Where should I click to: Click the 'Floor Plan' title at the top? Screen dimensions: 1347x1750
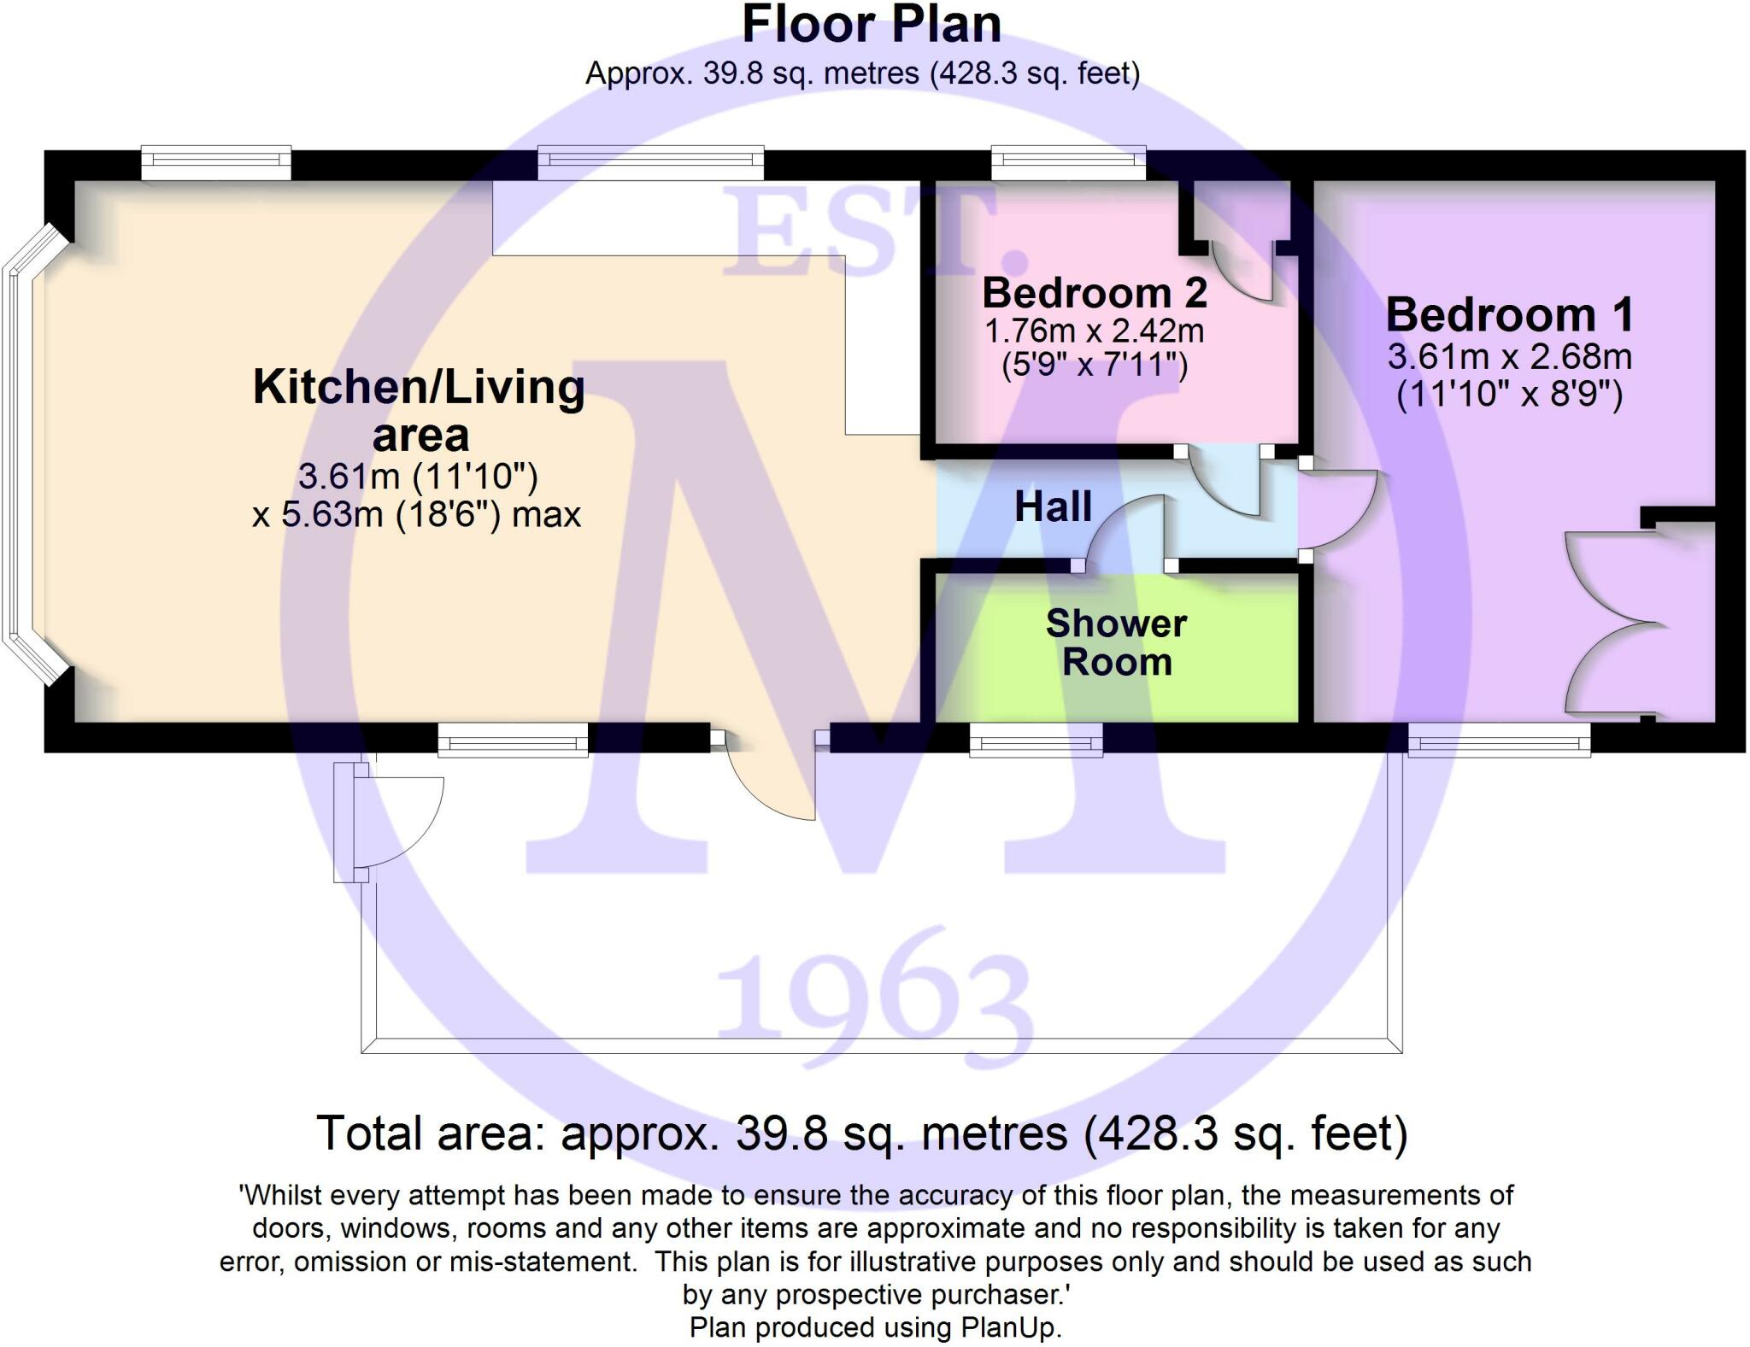click(x=872, y=25)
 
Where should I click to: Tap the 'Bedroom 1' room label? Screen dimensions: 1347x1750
click(x=1510, y=314)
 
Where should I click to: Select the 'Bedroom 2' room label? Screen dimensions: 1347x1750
click(x=1095, y=293)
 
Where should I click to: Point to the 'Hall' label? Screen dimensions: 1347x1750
click(x=1053, y=507)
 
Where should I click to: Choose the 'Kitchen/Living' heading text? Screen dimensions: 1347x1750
click(x=419, y=387)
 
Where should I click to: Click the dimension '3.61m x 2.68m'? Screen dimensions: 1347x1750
click(x=1510, y=356)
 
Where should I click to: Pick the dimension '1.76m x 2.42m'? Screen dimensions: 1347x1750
click(x=1095, y=330)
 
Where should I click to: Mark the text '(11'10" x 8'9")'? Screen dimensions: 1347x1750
click(x=1510, y=395)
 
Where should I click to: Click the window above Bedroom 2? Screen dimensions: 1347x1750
click(x=1068, y=162)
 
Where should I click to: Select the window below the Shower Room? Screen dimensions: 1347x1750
click(x=1036, y=740)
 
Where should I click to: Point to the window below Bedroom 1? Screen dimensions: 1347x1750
click(x=1500, y=740)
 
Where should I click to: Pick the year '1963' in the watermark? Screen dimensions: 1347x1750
click(x=873, y=991)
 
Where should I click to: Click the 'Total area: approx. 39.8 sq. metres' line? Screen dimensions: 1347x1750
click(x=861, y=1133)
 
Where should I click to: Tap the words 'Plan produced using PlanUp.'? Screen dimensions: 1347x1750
click(x=875, y=1327)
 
